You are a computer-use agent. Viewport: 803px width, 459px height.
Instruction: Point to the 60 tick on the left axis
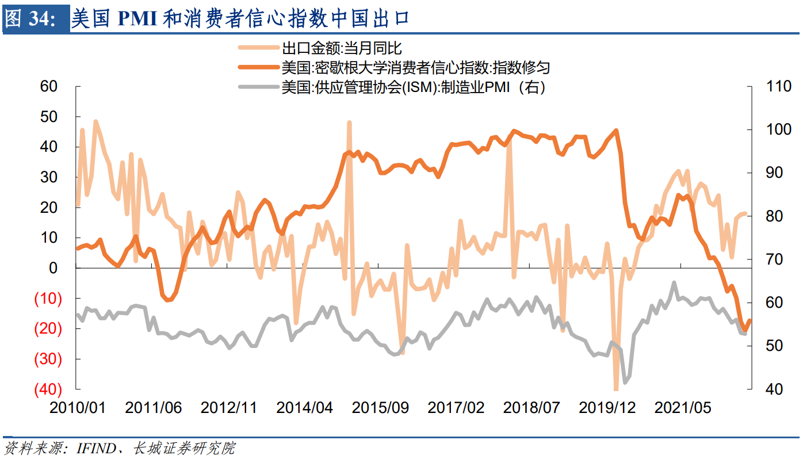49,86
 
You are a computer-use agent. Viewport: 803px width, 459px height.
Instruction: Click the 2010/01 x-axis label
78,408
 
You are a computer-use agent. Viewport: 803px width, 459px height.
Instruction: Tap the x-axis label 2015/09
380,408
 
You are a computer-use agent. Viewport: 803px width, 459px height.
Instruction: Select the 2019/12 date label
607,408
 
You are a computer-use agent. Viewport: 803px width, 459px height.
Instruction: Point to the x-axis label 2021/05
683,408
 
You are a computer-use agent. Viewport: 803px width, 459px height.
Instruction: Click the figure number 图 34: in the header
32,19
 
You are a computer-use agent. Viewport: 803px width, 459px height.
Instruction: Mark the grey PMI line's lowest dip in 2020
625,382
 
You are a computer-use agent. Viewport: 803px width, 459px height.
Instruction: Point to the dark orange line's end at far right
750,320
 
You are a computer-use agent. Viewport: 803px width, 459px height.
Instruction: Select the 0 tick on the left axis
53,268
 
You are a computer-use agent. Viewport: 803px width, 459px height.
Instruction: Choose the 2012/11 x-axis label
229,408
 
